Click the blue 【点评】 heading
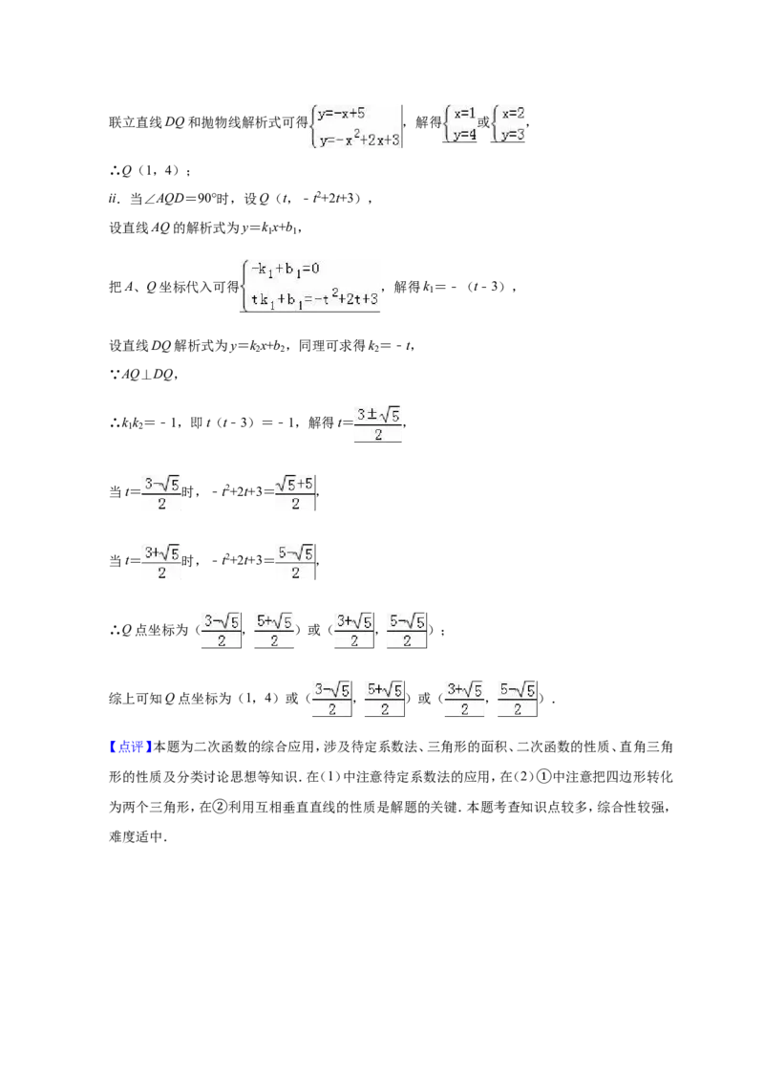(x=130, y=747)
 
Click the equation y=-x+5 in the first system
(x=341, y=113)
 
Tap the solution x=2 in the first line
(x=513, y=113)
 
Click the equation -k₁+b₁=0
(x=285, y=270)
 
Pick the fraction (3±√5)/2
(x=378, y=424)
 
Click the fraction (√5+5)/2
(x=295, y=493)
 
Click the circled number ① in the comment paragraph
(x=543, y=776)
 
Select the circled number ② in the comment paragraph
(x=205, y=806)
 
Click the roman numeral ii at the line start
(x=114, y=199)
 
